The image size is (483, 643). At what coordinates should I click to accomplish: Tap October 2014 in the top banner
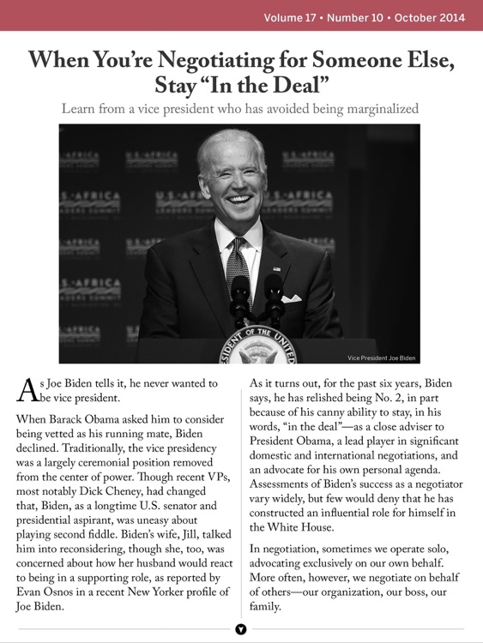click(429, 17)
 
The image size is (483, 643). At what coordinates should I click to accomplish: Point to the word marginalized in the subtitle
click(375, 108)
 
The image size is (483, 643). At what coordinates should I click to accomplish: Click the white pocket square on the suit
click(291, 298)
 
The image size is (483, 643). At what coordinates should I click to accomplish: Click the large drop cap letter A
click(27, 391)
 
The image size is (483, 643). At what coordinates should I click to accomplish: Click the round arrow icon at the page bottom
click(241, 629)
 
